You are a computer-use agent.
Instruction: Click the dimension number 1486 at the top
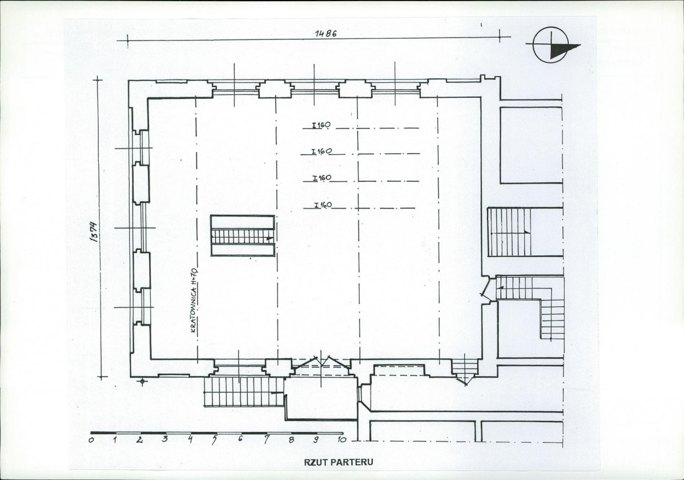click(x=326, y=34)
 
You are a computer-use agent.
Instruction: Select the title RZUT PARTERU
click(x=339, y=462)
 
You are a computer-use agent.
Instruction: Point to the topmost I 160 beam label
click(x=321, y=125)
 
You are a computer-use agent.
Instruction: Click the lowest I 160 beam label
click(x=323, y=205)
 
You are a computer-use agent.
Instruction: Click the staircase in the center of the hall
click(x=243, y=235)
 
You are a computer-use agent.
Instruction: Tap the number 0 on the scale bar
click(x=91, y=439)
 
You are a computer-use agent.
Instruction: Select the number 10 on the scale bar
click(x=341, y=439)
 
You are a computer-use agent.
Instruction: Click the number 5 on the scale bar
click(x=215, y=439)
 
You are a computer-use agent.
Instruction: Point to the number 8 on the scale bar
click(x=291, y=439)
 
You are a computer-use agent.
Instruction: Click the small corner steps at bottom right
click(x=465, y=370)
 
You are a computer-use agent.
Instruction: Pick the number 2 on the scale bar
click(x=140, y=439)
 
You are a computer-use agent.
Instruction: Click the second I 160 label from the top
click(x=321, y=151)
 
